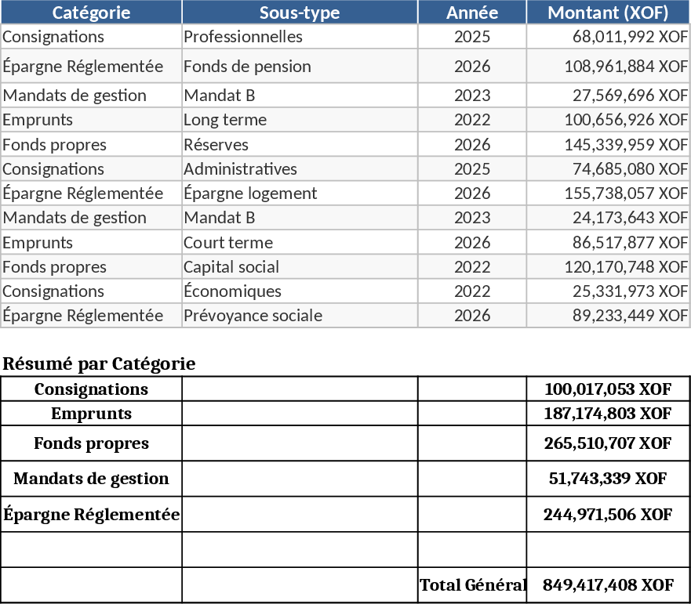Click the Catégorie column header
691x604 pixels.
coord(91,13)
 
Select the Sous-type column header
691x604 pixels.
coord(300,13)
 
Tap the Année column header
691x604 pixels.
coord(472,13)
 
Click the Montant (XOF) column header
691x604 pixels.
coord(608,13)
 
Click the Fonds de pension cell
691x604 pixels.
coord(247,67)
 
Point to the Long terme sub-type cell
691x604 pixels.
coord(225,120)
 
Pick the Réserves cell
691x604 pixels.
coord(216,145)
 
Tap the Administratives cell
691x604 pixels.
coord(240,169)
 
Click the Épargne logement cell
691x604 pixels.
coord(250,193)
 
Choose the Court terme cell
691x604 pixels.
coord(228,243)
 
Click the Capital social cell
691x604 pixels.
coord(231,267)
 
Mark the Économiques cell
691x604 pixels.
coord(232,291)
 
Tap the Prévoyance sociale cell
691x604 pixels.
coord(253,316)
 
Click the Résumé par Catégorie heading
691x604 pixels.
coord(99,364)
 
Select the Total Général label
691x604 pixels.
coord(472,585)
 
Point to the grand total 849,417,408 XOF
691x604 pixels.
coord(608,585)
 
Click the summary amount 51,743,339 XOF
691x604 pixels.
coord(608,479)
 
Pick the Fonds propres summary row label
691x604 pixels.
coord(91,443)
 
